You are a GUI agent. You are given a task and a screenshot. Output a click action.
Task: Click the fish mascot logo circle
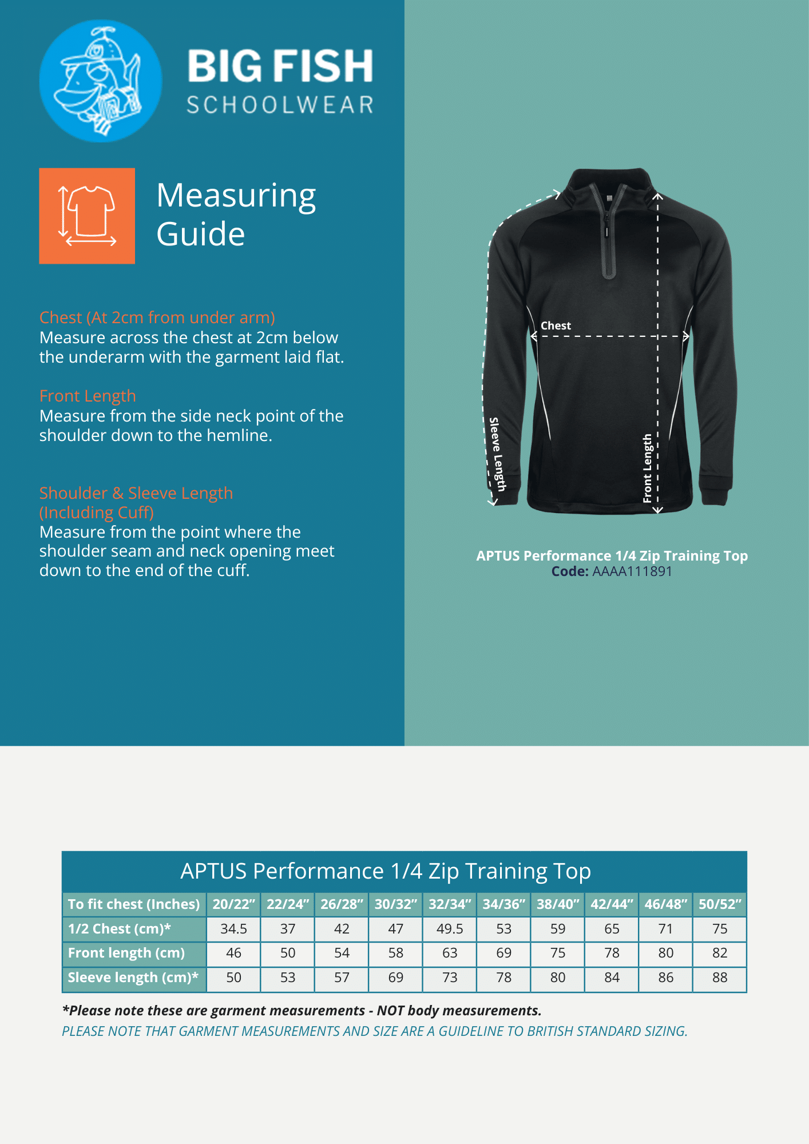(x=101, y=81)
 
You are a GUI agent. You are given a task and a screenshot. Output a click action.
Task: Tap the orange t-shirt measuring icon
(x=87, y=216)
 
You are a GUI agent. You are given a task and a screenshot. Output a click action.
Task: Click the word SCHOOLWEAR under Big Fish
(x=280, y=105)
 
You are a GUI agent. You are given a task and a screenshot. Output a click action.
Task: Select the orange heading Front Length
(x=88, y=396)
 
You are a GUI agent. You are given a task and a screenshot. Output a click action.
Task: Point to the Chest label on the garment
(x=556, y=325)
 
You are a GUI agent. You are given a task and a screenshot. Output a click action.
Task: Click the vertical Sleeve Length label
(x=497, y=454)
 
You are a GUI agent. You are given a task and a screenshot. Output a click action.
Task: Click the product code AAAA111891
(x=632, y=571)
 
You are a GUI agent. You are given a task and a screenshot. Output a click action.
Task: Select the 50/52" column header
(x=720, y=904)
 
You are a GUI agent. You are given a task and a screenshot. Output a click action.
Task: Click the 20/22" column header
(x=233, y=904)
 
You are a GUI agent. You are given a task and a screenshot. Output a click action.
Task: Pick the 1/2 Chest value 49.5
(x=450, y=929)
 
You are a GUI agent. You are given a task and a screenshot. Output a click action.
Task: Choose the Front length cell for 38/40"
(x=558, y=953)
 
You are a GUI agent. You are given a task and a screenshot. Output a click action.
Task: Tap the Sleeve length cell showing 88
(x=720, y=978)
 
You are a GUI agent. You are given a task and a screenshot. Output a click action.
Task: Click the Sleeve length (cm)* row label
(x=133, y=978)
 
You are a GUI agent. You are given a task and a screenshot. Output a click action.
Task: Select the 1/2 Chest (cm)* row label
(x=120, y=929)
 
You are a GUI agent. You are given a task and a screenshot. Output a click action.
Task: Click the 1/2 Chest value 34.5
(x=233, y=929)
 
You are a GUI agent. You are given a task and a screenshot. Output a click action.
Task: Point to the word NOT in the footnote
(x=391, y=1011)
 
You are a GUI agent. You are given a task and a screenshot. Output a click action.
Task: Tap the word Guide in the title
(x=201, y=234)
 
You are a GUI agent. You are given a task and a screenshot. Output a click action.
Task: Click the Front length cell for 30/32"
(x=396, y=953)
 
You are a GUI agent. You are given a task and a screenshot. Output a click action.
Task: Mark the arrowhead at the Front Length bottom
(x=658, y=510)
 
